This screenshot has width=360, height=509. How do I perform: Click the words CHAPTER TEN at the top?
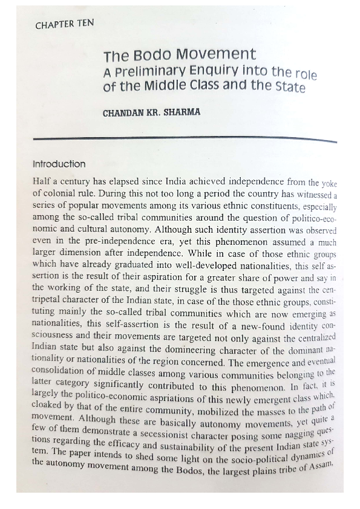click(65, 25)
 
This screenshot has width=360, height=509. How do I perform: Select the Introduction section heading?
click(59, 164)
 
